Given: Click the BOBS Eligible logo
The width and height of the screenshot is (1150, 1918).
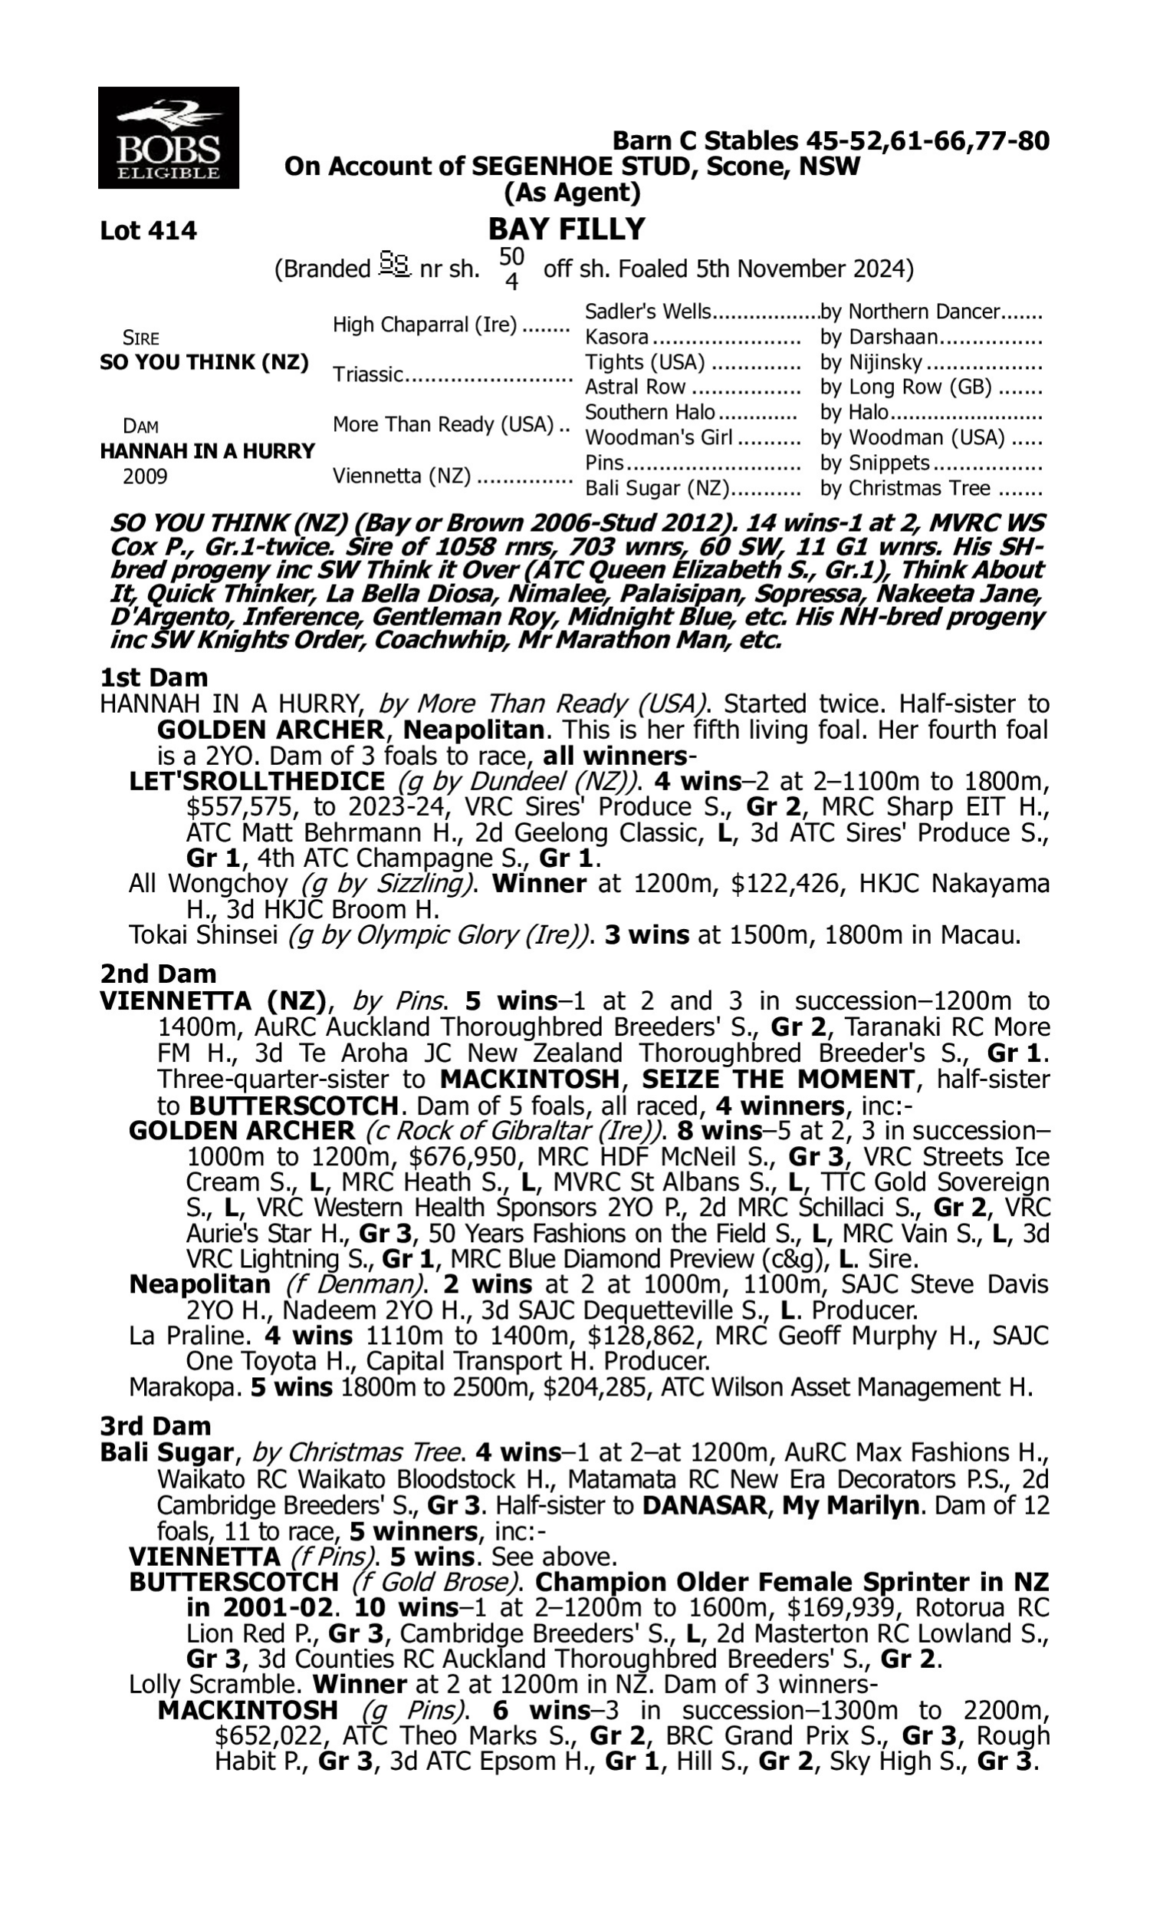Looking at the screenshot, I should point(168,137).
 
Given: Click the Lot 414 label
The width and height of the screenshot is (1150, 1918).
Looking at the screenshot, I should point(148,231).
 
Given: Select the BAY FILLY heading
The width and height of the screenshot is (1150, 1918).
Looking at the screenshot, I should point(567,229).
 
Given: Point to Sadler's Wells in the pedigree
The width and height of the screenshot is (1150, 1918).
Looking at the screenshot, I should point(647,311).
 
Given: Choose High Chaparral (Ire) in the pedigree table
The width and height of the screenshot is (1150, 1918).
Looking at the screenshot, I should point(424,325).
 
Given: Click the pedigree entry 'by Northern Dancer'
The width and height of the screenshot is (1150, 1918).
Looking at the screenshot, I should point(910,311).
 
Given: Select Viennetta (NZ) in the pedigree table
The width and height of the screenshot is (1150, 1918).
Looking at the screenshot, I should point(402,476).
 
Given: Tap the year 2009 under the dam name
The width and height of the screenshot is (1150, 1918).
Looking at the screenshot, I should point(145,476).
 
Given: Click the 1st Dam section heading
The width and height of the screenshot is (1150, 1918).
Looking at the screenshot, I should point(153,677).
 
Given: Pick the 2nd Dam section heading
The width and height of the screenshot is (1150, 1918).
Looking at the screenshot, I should point(158,974).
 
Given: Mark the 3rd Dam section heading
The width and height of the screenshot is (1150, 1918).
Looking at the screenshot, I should point(155,1425).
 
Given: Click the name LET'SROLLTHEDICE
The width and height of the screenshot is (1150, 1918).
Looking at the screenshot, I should point(257,782).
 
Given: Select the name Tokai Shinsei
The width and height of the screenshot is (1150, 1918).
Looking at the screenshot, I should point(203,935).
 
